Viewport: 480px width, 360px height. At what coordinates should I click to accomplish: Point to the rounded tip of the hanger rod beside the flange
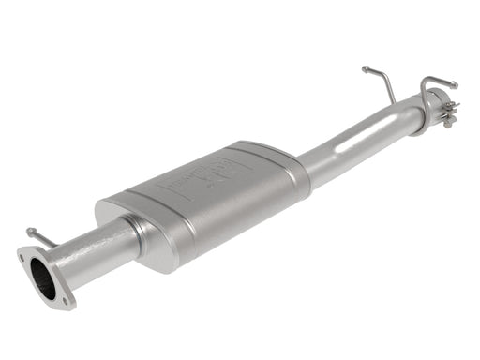[x=30, y=230]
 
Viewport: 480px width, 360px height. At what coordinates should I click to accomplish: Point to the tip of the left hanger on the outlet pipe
[x=365, y=69]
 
